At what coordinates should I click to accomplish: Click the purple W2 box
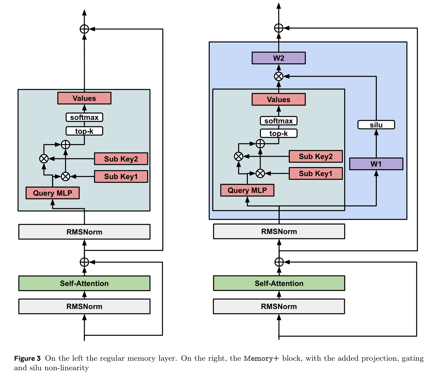pos(279,58)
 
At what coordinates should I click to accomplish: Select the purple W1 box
pos(376,164)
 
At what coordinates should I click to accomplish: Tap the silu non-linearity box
pos(376,125)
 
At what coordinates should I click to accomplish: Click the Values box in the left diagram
pos(84,98)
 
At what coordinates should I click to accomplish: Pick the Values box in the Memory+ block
pos(279,99)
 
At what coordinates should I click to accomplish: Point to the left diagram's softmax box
pos(84,117)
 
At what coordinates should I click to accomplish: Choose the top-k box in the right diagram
pos(279,133)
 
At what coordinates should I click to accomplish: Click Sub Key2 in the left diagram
pos(121,159)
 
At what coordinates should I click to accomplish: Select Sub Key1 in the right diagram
pos(316,173)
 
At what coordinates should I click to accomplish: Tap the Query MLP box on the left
pos(53,193)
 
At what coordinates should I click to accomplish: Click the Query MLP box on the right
pos(247,190)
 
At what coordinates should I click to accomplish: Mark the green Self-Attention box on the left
pos(84,283)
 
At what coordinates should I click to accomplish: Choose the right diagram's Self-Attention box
pos(279,283)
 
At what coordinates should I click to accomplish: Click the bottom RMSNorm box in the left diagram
pos(84,306)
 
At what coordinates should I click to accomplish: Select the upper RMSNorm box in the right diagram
pos(279,231)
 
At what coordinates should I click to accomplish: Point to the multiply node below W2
pos(279,76)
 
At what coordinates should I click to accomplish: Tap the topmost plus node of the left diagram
pos(84,29)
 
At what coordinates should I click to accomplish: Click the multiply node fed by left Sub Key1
pos(65,176)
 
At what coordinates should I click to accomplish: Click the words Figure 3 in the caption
pos(27,358)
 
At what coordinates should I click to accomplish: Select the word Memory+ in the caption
pos(261,358)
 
